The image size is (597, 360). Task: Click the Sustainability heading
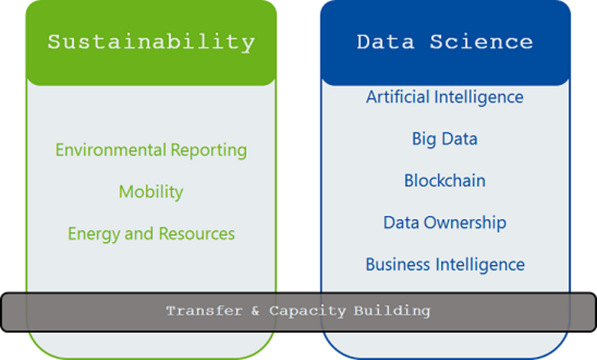pos(151,42)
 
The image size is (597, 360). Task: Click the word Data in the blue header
pos(385,41)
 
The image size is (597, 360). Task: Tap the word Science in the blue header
pos(482,41)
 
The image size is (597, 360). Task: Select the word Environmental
pos(111,149)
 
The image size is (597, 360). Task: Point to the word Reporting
pos(209,151)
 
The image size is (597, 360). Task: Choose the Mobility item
pos(151,193)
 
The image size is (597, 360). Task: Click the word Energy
pos(94,234)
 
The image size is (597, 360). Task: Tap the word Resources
pos(197,233)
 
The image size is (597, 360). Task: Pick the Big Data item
pos(445,139)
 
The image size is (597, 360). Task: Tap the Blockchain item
pos(445,180)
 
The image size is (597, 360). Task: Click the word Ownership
pos(465,223)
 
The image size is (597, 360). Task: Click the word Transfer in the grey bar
pos(205,311)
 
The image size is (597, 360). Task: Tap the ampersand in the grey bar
pos(255,311)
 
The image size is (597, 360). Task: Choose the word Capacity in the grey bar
pos(307,311)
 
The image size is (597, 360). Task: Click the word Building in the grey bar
pos(392,311)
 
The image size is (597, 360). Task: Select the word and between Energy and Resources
pos(139,233)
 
